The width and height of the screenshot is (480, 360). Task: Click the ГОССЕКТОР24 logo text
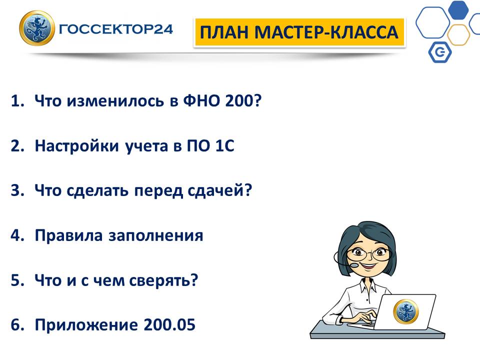(x=115, y=29)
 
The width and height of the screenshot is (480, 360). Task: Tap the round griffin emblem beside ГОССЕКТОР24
(x=36, y=28)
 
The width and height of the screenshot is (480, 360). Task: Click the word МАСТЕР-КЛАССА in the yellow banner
(x=326, y=32)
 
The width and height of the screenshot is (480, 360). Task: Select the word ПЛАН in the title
(x=224, y=32)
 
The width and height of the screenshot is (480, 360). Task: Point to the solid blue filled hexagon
(x=458, y=9)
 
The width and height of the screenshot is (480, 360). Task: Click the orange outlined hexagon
(x=458, y=35)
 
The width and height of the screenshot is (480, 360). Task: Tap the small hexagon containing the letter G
(x=440, y=52)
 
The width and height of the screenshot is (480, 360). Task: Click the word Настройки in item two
(x=76, y=145)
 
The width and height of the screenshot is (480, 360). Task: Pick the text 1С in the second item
(x=225, y=145)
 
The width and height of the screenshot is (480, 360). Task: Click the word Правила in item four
(x=68, y=235)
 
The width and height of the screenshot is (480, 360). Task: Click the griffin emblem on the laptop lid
(x=405, y=311)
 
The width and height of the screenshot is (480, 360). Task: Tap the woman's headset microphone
(x=354, y=265)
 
